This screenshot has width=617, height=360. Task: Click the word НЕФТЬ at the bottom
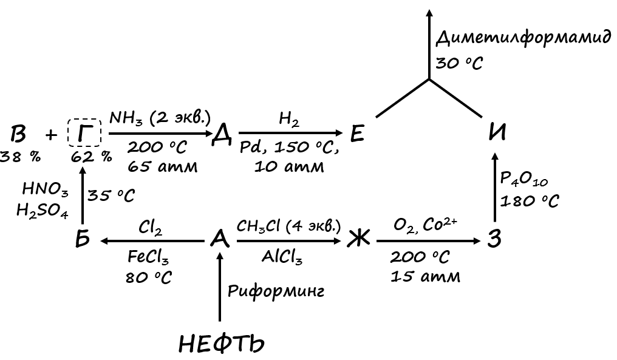[222, 344]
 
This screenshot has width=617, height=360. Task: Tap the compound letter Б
[83, 239]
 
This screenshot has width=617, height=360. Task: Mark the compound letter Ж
[358, 240]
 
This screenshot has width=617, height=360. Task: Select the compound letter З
[495, 239]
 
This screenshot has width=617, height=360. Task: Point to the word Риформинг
[276, 291]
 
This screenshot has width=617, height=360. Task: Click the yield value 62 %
[91, 156]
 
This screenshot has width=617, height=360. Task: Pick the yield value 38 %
[20, 156]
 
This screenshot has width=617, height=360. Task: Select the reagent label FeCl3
[149, 257]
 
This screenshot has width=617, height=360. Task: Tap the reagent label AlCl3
[282, 257]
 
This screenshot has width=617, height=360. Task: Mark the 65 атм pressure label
[163, 166]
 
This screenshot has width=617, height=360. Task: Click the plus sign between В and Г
[52, 134]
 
